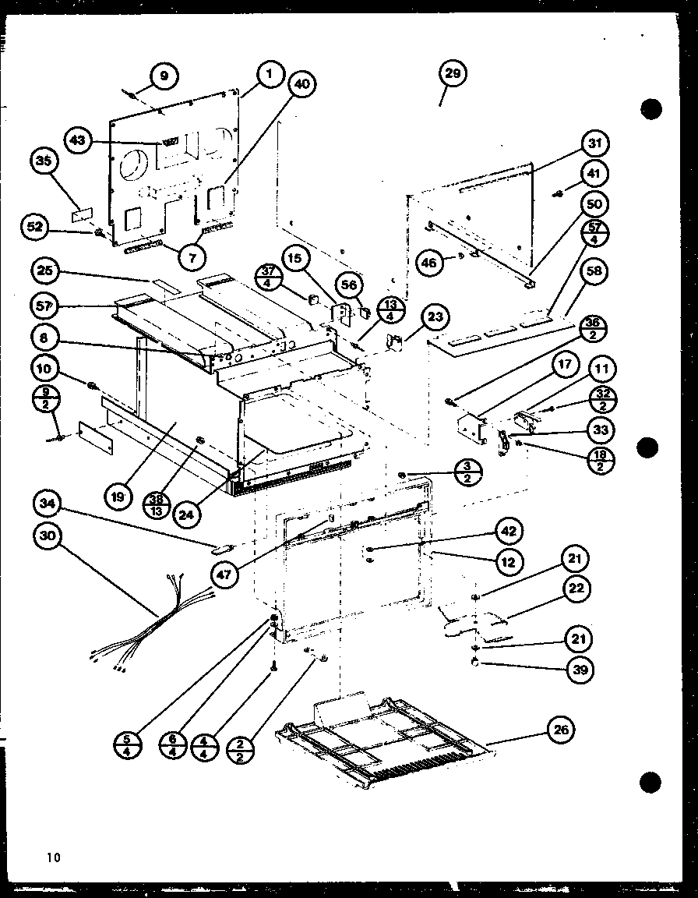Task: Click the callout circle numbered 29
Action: (x=453, y=75)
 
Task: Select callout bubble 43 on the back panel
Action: (x=79, y=141)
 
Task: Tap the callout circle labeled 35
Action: (x=44, y=163)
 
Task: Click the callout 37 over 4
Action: (x=270, y=278)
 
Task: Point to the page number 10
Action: (x=52, y=857)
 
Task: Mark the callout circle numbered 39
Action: (x=579, y=669)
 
